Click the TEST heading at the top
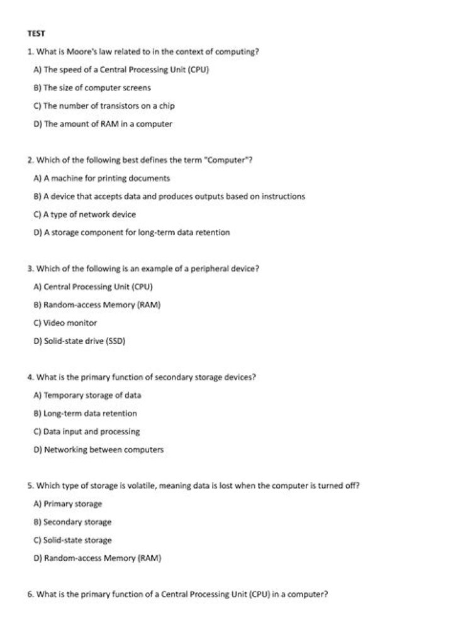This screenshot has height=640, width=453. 35,33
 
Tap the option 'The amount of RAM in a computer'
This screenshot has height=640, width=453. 103,124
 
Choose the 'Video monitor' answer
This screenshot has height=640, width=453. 65,323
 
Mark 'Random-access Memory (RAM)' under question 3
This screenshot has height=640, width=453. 97,305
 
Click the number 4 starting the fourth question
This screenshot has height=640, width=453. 30,377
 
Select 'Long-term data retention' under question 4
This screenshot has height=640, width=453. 85,413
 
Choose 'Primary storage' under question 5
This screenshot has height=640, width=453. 67,504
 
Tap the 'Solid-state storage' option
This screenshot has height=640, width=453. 72,540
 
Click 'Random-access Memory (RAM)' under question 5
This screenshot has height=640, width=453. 98,558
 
